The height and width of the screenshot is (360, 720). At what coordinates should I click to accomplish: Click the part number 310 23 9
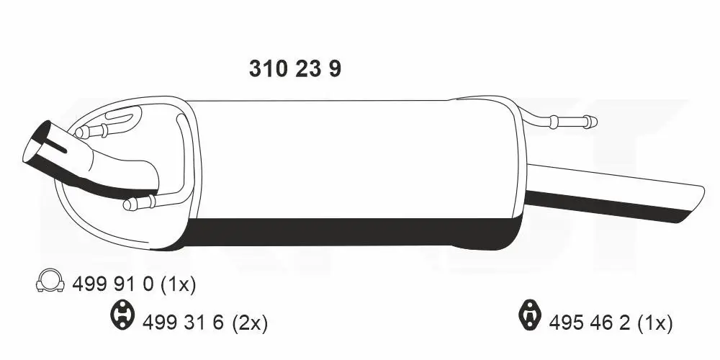pyautogui.click(x=294, y=69)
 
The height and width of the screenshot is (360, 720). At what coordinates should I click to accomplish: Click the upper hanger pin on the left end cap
pyautogui.click(x=82, y=132)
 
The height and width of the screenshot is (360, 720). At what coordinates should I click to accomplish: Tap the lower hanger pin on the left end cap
pyautogui.click(x=130, y=204)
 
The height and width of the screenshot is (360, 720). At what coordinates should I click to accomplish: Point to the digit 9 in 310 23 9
pyautogui.click(x=334, y=69)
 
